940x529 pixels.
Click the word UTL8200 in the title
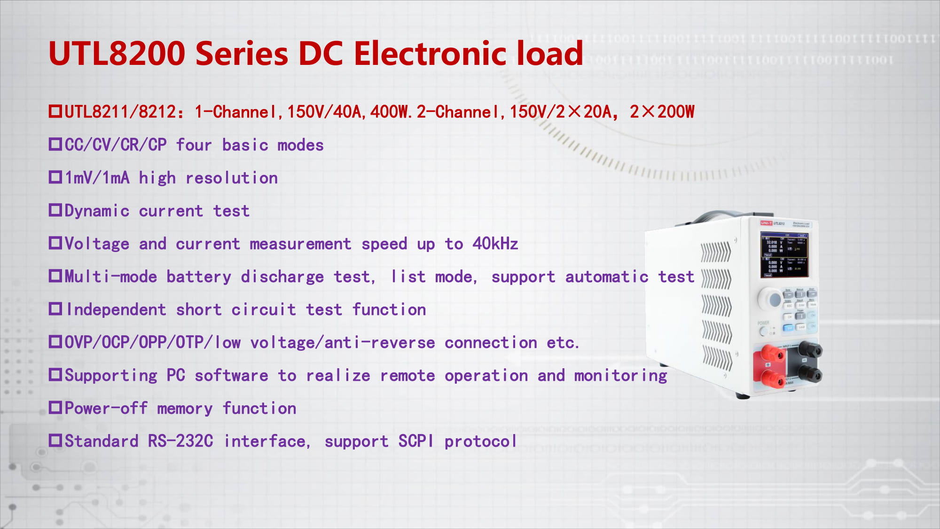117,53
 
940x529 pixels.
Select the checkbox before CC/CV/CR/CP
55,144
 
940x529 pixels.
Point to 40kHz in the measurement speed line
495,244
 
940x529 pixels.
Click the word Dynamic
97,211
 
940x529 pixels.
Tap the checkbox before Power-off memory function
55,407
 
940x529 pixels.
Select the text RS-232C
180,441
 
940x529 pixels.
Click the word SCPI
415,441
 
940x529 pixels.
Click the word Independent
116,309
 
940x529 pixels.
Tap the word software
231,375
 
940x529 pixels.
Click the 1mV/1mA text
97,178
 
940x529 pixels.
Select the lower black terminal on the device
810,375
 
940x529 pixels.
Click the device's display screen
784,254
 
